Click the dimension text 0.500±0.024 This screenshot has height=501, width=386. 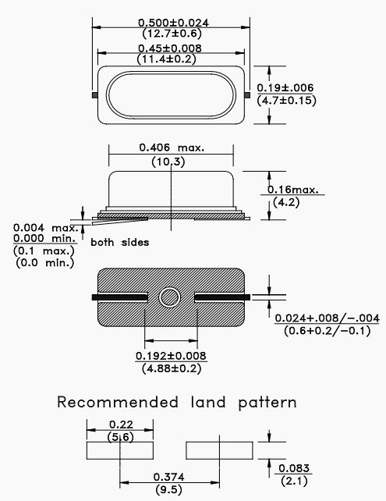pyautogui.click(x=173, y=23)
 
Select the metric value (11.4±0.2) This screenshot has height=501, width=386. pyautogui.click(x=166, y=59)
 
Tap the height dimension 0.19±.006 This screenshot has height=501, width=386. pyautogui.click(x=285, y=88)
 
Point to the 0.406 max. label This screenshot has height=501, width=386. pyautogui.click(x=172, y=147)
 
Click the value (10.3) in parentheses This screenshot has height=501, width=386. pyautogui.click(x=168, y=162)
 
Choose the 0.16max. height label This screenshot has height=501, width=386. pyautogui.click(x=292, y=190)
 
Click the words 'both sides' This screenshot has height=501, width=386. pyautogui.click(x=120, y=242)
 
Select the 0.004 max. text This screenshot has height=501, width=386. pyautogui.click(x=46, y=228)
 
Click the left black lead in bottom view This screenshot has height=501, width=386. pyautogui.click(x=120, y=297)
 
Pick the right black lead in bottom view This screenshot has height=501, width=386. pyautogui.click(x=222, y=297)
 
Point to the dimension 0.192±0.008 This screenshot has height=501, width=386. pyautogui.click(x=171, y=356)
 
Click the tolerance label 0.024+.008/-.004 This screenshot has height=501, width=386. pyautogui.click(x=327, y=318)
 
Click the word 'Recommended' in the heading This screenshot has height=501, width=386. pyautogui.click(x=118, y=402)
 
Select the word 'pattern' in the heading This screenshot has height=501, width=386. pyautogui.click(x=267, y=403)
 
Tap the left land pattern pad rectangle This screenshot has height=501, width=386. pyautogui.click(x=120, y=450)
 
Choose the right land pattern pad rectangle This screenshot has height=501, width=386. pyautogui.click(x=219, y=450)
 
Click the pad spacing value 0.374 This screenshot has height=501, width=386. pyautogui.click(x=168, y=478)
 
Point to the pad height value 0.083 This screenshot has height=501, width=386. pyautogui.click(x=294, y=468)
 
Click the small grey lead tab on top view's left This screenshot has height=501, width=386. pyautogui.click(x=95, y=95)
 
